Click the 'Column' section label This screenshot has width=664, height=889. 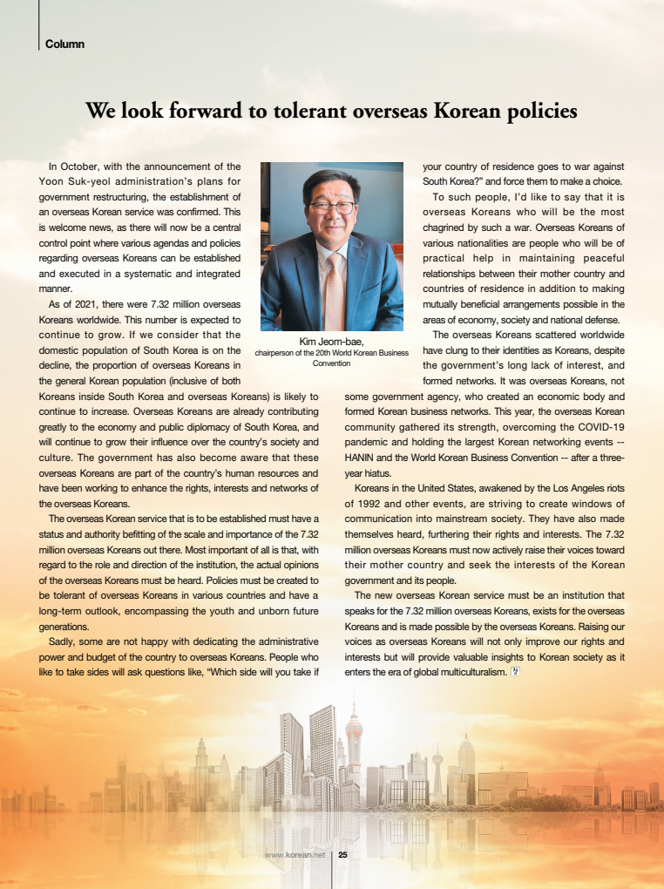(x=64, y=44)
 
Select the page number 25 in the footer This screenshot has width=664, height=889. (x=342, y=855)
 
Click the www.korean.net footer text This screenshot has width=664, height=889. (x=295, y=855)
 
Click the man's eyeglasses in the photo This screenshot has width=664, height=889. (x=332, y=207)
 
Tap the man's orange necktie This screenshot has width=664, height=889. (x=334, y=288)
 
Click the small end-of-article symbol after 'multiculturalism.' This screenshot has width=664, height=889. (x=514, y=671)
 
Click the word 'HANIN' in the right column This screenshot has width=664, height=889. (x=362, y=457)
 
